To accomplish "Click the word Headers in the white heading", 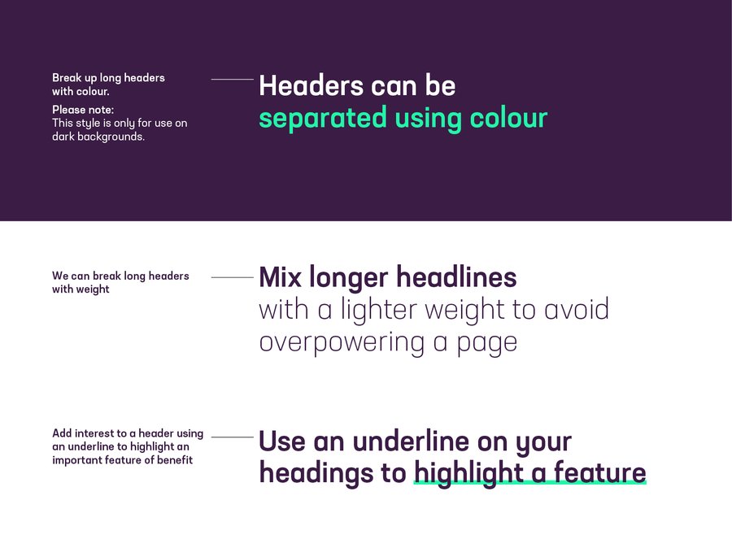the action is coord(311,85).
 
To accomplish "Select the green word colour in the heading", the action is coord(508,118).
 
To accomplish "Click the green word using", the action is coord(428,119).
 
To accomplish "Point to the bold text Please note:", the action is coord(83,110).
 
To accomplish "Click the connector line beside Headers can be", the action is coord(232,80).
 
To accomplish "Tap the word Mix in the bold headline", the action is coord(279,276).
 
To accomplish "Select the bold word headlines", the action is coord(456,276).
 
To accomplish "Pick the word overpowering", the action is coord(342,343).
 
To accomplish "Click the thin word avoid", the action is coord(577,309).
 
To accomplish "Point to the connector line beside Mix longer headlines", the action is coord(232,277).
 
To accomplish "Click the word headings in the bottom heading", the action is coord(316,473).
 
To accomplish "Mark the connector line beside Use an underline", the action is coord(232,437).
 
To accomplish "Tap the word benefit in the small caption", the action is coord(175,459).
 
